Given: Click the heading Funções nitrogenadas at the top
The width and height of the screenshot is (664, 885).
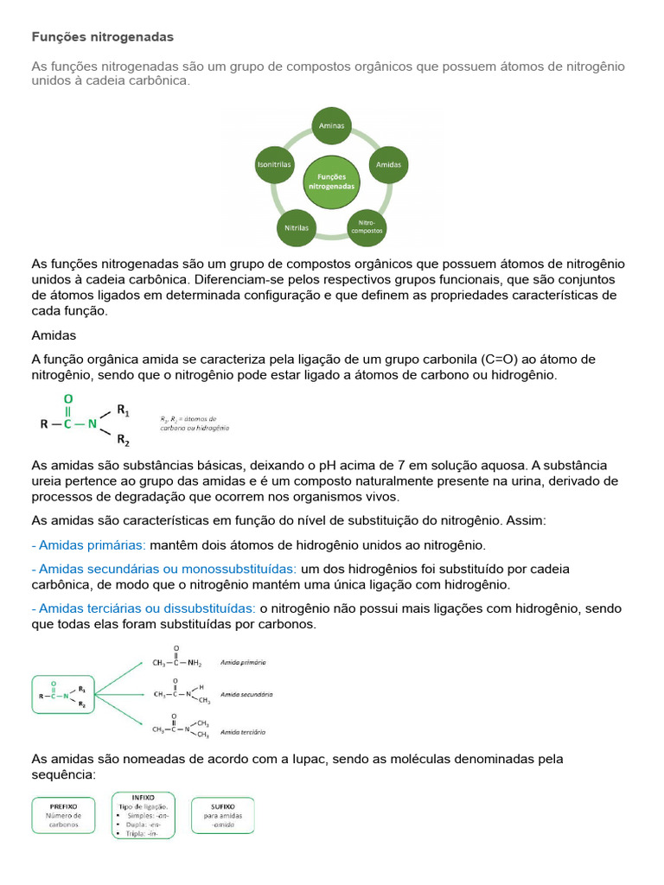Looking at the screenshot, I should [x=102, y=37].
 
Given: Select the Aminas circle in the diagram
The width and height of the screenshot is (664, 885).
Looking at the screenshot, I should [x=331, y=125].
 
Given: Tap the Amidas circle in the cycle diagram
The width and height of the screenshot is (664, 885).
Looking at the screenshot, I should [x=388, y=163].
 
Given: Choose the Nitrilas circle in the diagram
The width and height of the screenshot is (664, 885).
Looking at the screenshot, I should [x=297, y=228].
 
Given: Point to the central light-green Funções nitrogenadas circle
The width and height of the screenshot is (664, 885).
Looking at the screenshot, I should [x=331, y=181].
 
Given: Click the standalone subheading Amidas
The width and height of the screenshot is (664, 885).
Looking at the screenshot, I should [x=54, y=334].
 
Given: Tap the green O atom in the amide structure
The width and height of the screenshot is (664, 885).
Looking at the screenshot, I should [x=68, y=399].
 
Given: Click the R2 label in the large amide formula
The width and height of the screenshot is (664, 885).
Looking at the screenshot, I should [x=123, y=441].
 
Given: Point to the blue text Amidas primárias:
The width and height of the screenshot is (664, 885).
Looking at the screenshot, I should [x=89, y=545].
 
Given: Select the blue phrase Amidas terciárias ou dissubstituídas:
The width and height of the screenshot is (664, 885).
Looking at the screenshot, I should [x=144, y=608].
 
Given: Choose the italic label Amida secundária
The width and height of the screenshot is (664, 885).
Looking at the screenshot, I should [x=246, y=694].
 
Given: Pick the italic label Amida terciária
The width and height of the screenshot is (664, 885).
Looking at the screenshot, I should [x=243, y=732].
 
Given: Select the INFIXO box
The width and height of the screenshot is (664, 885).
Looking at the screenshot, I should [x=144, y=815].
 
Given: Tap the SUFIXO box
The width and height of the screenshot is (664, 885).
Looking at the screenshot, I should [x=223, y=815].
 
